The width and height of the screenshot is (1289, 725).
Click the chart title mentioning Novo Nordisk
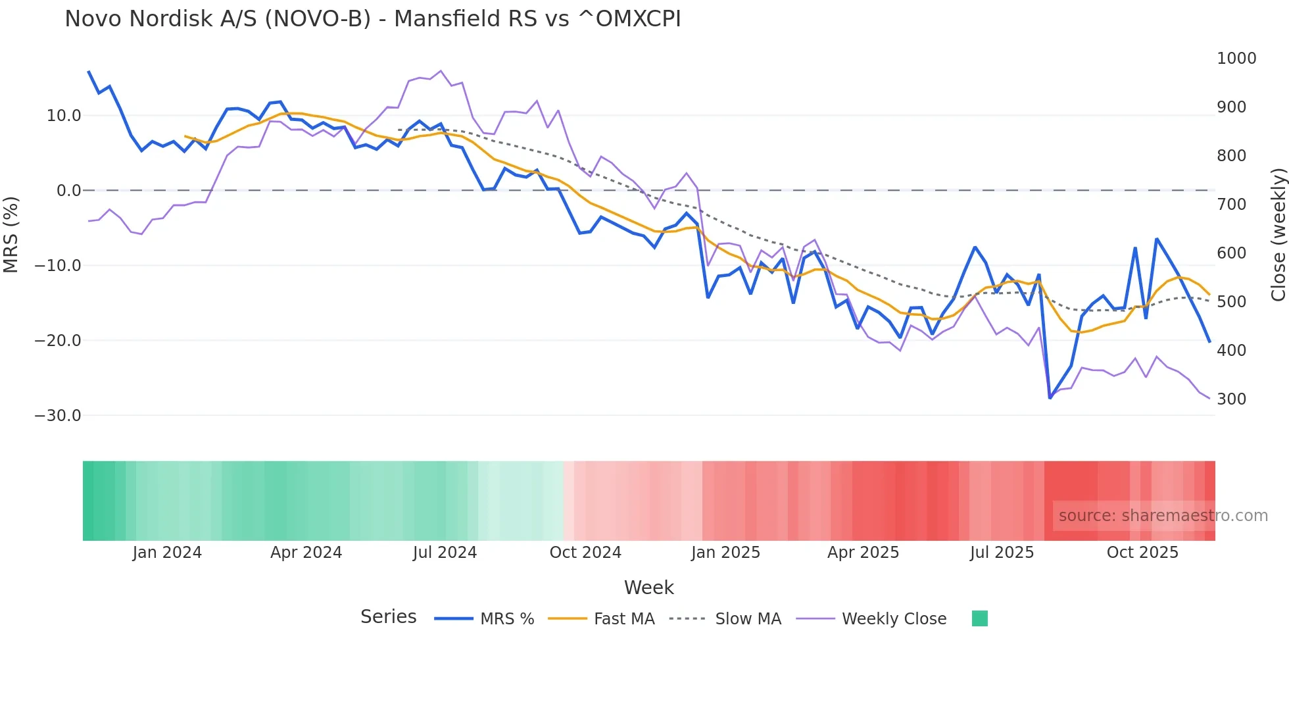pyautogui.click(x=372, y=19)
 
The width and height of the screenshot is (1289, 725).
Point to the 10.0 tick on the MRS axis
pyautogui.click(x=64, y=116)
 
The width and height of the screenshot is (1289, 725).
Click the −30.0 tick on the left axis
pyautogui.click(x=58, y=416)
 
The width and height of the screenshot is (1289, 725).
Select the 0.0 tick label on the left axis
pyautogui.click(x=68, y=191)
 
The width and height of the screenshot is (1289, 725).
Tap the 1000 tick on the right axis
pyautogui.click(x=1236, y=59)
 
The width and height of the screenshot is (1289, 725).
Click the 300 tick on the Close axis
pyautogui.click(x=1231, y=399)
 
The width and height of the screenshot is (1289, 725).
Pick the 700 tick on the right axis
pyautogui.click(x=1231, y=205)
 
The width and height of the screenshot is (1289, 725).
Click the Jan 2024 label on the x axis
pyautogui.click(x=167, y=553)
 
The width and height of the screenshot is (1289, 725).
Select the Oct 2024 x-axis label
pyautogui.click(x=585, y=553)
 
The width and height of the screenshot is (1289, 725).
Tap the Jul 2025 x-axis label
pyautogui.click(x=1002, y=553)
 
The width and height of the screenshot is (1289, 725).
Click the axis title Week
pyautogui.click(x=648, y=587)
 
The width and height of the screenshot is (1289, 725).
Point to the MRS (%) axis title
pyautogui.click(x=11, y=235)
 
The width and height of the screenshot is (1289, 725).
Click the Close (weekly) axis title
pyautogui.click(x=1278, y=235)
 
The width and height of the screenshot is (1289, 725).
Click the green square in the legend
pyautogui.click(x=979, y=618)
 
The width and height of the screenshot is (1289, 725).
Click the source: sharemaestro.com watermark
pyautogui.click(x=1163, y=516)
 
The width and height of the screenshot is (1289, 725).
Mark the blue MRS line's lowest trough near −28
pyautogui.click(x=1050, y=397)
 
